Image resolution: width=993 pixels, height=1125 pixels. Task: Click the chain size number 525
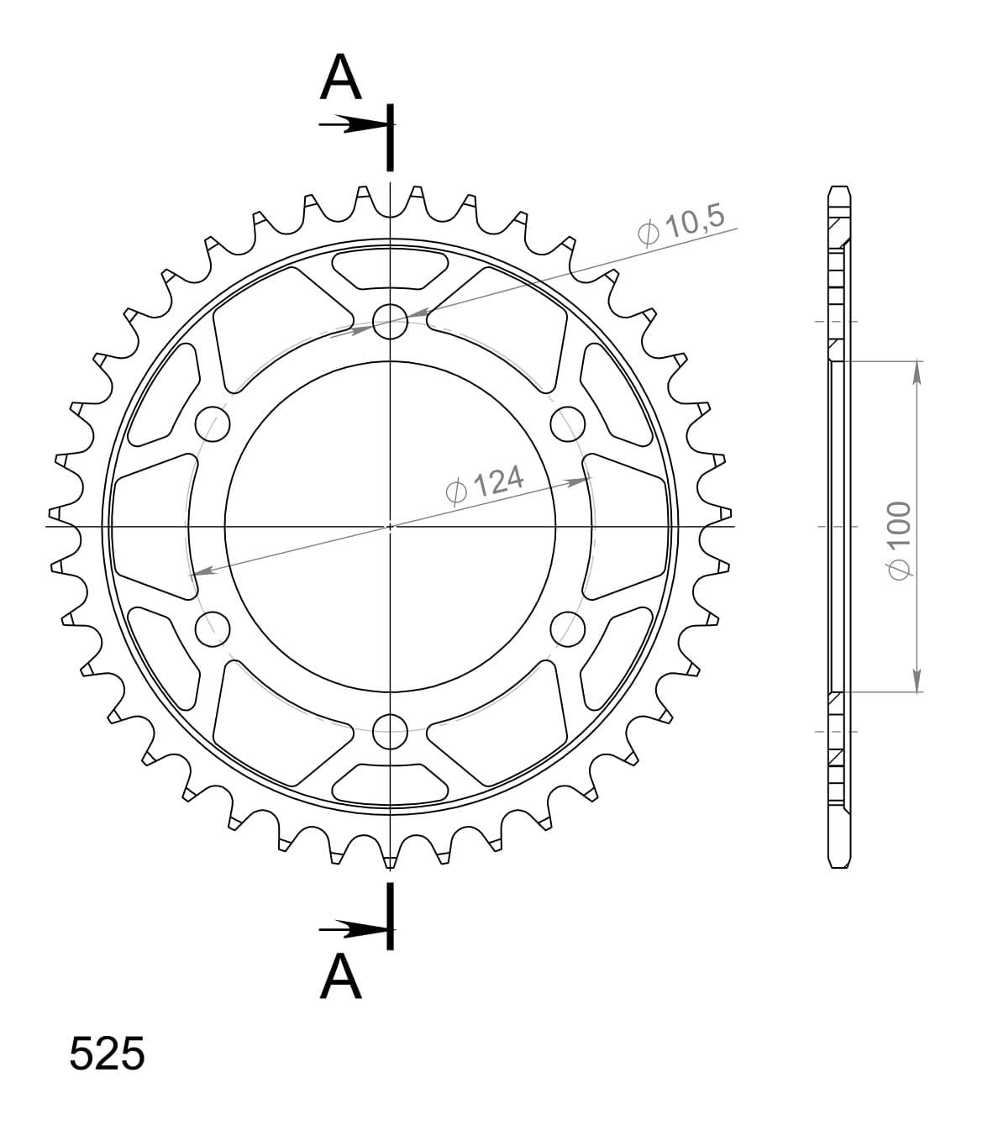(x=107, y=1054)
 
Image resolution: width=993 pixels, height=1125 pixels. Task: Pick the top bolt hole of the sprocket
(x=390, y=321)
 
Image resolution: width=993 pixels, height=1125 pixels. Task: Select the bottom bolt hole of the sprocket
(x=390, y=730)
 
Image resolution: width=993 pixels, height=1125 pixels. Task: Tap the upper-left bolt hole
(x=212, y=423)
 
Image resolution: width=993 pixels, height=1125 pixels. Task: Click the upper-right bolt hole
(x=568, y=423)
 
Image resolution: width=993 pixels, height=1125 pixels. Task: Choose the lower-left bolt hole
(x=212, y=628)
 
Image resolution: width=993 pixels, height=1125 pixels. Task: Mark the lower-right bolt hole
(x=568, y=628)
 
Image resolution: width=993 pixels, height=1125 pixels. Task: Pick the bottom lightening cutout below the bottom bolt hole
(x=390, y=783)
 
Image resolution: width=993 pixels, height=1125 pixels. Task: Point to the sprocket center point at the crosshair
(x=390, y=526)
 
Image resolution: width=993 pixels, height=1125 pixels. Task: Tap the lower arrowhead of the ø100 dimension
(x=917, y=681)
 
